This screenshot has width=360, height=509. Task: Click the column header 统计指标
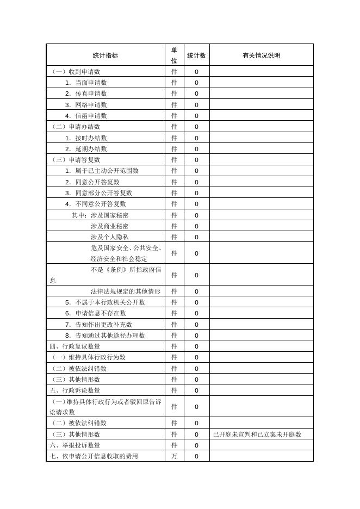(105, 55)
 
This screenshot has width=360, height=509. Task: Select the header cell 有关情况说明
(261, 55)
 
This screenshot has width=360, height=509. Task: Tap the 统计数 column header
(196, 55)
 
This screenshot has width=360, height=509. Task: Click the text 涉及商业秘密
(109, 226)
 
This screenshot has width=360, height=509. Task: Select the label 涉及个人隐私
(109, 237)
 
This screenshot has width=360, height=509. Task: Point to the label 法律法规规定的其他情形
(125, 291)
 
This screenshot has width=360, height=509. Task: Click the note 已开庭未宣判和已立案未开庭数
(257, 434)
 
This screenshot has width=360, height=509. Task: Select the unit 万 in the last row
(174, 456)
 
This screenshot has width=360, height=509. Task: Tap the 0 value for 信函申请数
(196, 116)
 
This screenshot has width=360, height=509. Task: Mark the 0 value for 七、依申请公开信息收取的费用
(196, 456)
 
